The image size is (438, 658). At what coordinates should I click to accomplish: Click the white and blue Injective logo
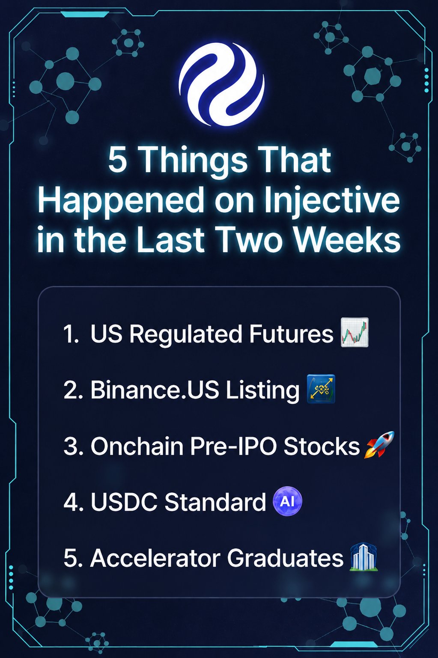(221, 84)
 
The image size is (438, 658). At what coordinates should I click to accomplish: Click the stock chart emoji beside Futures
(355, 332)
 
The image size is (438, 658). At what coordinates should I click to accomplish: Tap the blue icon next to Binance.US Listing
(321, 388)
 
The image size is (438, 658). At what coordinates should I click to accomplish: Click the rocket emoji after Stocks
(379, 444)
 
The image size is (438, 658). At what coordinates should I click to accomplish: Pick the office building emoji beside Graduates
(364, 557)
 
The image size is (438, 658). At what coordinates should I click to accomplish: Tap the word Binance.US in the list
(155, 390)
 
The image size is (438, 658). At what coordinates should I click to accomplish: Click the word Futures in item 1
(291, 334)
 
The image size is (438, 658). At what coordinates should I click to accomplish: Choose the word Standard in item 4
(215, 502)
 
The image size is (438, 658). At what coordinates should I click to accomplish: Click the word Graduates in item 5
(285, 557)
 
